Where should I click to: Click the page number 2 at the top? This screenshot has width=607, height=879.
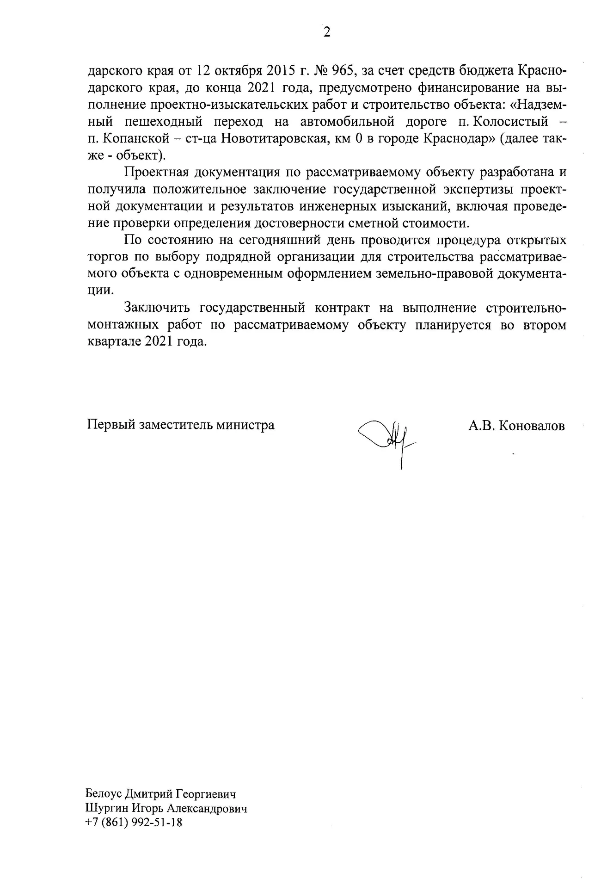pyautogui.click(x=327, y=32)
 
